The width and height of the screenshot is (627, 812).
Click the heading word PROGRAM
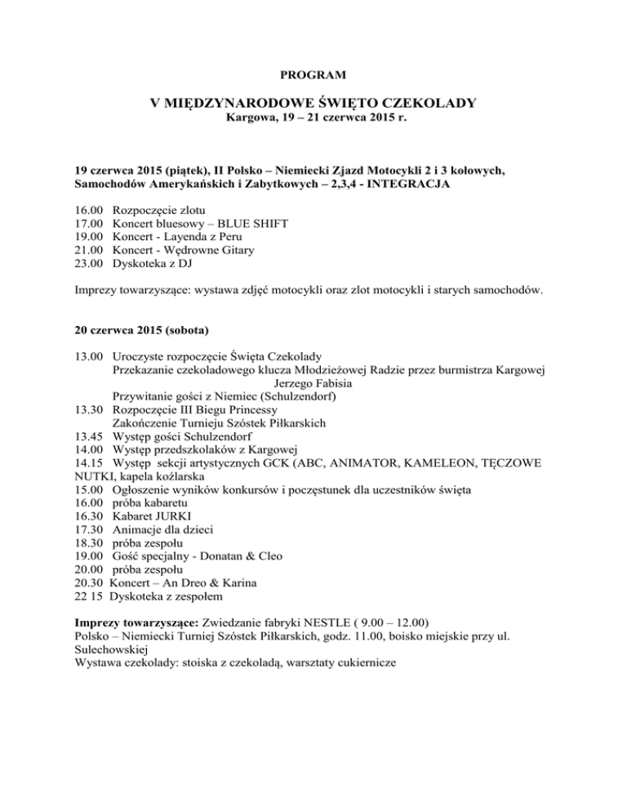(313, 75)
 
